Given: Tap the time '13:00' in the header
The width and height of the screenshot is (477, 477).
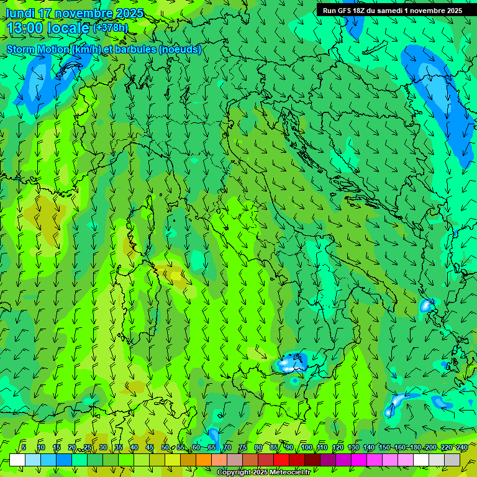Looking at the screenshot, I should (24, 28).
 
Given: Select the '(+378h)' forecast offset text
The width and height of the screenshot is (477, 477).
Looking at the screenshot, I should (110, 28).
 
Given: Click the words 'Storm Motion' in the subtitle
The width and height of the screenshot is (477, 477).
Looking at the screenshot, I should (38, 50).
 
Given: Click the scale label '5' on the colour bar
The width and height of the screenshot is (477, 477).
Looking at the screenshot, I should (24, 447).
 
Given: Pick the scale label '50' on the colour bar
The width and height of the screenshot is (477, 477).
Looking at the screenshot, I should (165, 447).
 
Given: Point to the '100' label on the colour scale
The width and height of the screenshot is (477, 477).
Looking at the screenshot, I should (307, 447).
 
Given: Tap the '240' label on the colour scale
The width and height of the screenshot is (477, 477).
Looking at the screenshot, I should (461, 447).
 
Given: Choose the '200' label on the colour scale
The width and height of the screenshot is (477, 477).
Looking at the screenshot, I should (430, 447).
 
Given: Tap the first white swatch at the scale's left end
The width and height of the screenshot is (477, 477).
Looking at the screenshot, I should (17, 460).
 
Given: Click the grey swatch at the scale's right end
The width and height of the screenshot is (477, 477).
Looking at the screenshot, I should (452, 460).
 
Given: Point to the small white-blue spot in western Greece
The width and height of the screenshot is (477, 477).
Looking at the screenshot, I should (426, 306).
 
